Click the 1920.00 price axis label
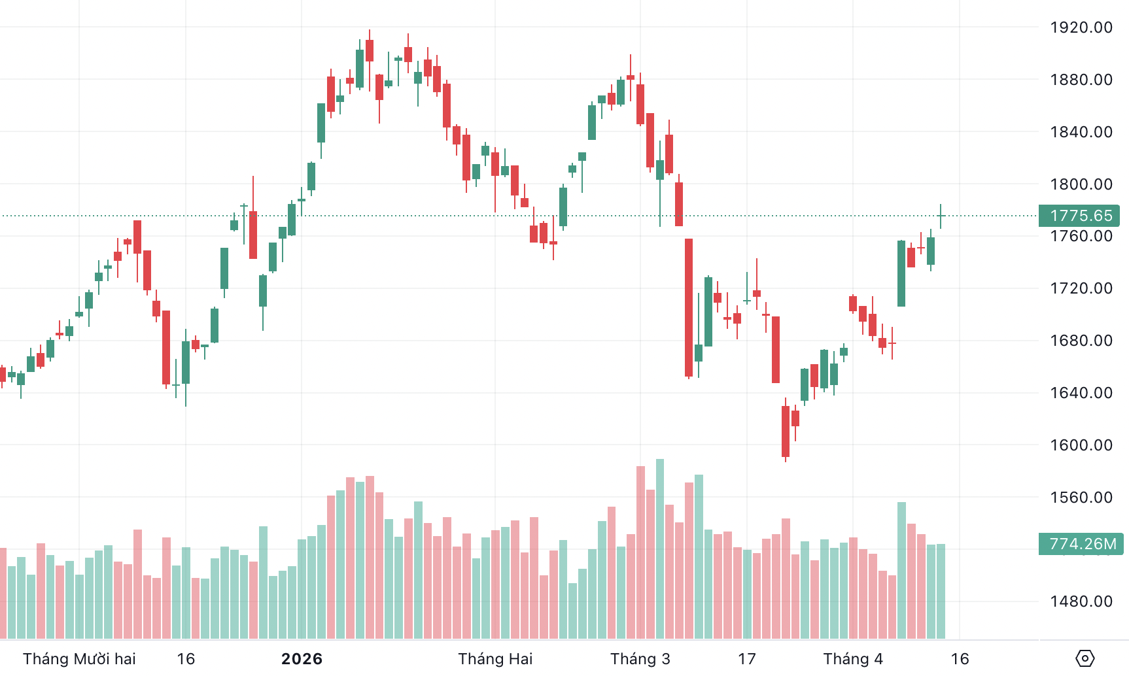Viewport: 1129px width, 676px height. click(1081, 27)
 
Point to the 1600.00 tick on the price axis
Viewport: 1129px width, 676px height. click(1081, 445)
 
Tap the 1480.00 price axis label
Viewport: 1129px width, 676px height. click(1081, 601)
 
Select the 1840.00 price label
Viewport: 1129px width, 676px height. click(1081, 132)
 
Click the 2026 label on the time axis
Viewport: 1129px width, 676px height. click(302, 658)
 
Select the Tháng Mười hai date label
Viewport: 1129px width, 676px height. click(79, 658)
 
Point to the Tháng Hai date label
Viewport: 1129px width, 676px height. click(495, 658)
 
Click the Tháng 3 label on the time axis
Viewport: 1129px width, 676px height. click(640, 658)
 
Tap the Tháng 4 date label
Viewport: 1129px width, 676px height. click(853, 658)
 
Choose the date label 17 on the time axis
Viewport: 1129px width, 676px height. click(747, 658)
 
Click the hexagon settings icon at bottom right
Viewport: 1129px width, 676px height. click(1085, 658)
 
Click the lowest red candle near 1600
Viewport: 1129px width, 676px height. click(786, 431)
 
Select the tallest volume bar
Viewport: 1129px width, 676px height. click(660, 549)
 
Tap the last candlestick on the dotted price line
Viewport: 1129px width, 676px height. click(941, 216)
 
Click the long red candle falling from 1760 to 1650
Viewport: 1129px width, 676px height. click(689, 307)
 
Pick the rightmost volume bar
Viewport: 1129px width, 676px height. click(941, 591)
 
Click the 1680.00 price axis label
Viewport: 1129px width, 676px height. click(1081, 341)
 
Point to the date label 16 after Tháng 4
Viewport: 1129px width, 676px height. click(960, 658)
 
